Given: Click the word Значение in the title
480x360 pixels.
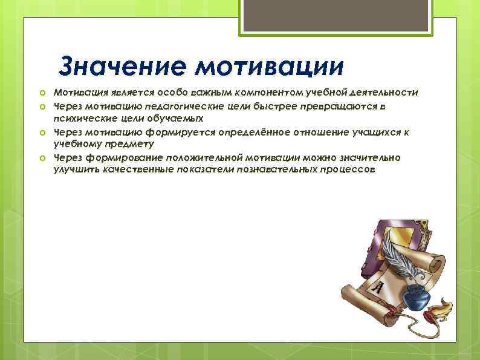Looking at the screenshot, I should point(123,65).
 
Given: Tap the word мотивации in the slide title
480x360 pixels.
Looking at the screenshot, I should point(270,65).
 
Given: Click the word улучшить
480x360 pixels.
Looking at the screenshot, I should point(74,171).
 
